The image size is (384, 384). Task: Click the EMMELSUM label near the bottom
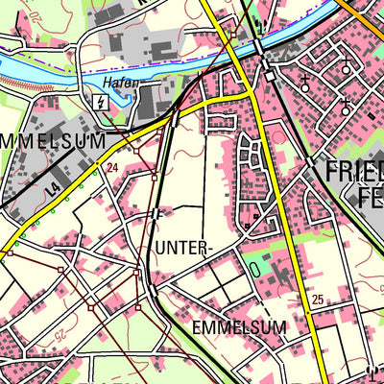tap(239, 327)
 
